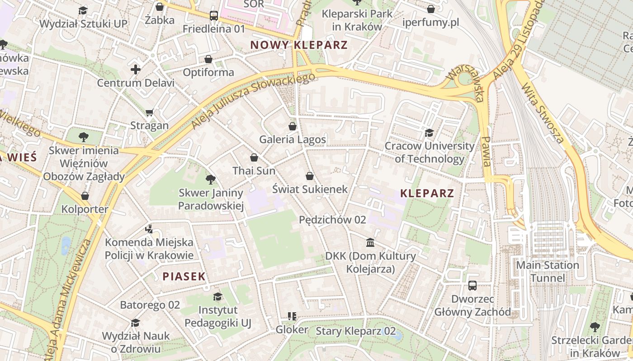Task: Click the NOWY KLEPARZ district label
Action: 299,45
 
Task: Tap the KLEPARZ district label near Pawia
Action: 427,194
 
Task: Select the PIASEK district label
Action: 184,277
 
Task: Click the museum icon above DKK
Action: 370,243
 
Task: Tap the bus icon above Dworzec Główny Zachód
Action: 472,285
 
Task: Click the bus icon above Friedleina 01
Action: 214,16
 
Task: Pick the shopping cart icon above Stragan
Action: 150,112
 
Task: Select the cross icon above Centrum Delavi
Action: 135,69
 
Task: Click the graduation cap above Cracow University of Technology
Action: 429,133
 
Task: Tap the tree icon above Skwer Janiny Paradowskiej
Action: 210,180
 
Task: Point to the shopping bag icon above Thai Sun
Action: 254,157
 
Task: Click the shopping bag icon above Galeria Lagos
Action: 293,126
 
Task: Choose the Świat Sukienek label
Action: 310,189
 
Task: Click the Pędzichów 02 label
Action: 332,220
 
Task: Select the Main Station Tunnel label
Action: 548,271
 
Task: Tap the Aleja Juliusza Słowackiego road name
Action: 253,100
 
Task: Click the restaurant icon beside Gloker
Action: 292,316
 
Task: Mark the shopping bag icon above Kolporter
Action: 85,196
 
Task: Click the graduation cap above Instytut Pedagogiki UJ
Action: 217,296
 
